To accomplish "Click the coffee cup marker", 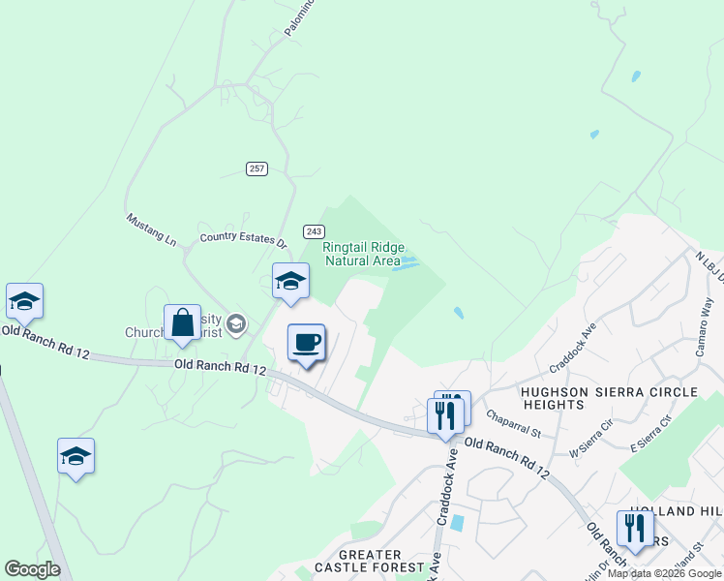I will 307,343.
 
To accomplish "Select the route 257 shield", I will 256,168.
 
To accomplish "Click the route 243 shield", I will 313,231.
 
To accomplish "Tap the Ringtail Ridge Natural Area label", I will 363,254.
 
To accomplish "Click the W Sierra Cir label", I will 591,438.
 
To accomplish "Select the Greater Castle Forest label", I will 369,561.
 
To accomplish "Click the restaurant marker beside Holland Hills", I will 633,529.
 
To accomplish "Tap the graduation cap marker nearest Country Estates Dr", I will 290,282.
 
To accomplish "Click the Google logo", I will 33,569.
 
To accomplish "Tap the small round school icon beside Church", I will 236,322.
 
